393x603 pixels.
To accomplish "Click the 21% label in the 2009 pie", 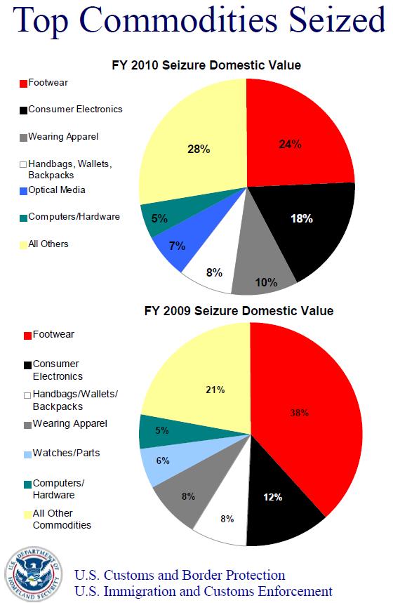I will click(214, 390).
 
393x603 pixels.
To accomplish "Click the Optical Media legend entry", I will click(55, 190).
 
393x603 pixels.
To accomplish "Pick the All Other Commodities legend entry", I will click(59, 519).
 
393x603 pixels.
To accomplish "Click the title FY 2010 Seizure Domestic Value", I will click(206, 66).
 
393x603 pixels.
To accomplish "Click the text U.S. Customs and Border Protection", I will click(180, 576).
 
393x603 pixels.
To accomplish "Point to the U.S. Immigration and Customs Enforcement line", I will click(203, 591).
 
